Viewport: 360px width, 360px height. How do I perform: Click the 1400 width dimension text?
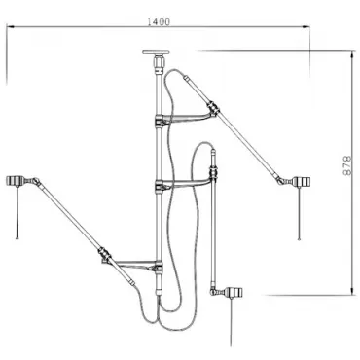pyautogui.click(x=159, y=22)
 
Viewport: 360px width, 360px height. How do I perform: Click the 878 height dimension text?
pyautogui.click(x=347, y=165)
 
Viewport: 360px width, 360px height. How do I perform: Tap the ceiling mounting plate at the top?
pyautogui.click(x=156, y=52)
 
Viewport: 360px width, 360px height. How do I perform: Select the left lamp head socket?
pyautogui.click(x=15, y=181)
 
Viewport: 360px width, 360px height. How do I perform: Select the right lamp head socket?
pyautogui.click(x=301, y=182)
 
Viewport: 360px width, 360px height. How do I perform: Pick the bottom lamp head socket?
pyautogui.click(x=235, y=292)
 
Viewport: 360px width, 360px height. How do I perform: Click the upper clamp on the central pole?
pyautogui.click(x=159, y=121)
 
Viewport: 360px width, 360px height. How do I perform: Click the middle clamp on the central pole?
pyautogui.click(x=159, y=187)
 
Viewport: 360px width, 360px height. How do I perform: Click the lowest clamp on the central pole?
pyautogui.click(x=159, y=267)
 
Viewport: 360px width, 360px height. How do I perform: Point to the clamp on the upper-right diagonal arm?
pyautogui.click(x=213, y=108)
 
